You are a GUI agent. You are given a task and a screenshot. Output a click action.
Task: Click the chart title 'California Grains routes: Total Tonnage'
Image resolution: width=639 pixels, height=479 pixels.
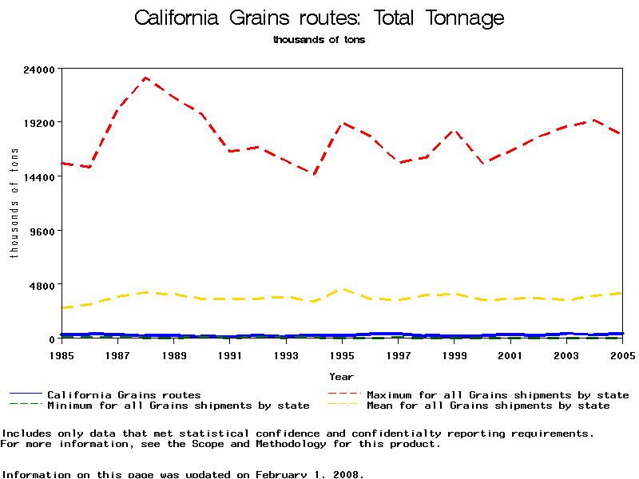[319, 18]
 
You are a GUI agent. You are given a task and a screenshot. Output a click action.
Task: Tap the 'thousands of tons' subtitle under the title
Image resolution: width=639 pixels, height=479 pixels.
[319, 39]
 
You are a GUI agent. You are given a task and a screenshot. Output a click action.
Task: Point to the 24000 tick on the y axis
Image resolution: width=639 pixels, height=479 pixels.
[40, 69]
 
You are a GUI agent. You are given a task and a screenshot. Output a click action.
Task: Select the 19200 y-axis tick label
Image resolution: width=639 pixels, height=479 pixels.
[40, 123]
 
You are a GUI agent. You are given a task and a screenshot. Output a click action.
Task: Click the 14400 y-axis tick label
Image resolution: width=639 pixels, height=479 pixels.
[40, 176]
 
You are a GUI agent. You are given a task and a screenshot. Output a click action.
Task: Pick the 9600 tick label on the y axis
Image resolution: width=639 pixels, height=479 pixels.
[43, 231]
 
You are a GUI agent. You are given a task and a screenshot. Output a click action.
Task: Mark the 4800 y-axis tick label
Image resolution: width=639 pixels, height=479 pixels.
[43, 285]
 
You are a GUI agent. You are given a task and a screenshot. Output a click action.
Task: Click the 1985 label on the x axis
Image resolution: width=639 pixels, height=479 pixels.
[62, 354]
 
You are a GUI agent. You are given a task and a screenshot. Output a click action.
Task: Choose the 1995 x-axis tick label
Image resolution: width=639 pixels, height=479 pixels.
[343, 354]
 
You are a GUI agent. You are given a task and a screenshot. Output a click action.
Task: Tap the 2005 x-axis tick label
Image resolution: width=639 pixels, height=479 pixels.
[623, 354]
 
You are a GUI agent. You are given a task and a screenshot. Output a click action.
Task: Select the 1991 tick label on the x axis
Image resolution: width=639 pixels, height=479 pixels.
[230, 354]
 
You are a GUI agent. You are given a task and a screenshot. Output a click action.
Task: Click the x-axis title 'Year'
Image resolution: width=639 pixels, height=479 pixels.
[342, 375]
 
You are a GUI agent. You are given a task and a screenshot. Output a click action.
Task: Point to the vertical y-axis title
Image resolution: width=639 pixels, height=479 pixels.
[14, 204]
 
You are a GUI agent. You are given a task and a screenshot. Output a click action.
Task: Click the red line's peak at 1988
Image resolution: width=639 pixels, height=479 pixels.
[145, 77]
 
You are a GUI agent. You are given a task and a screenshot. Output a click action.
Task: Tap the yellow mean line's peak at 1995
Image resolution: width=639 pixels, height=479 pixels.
[343, 289]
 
